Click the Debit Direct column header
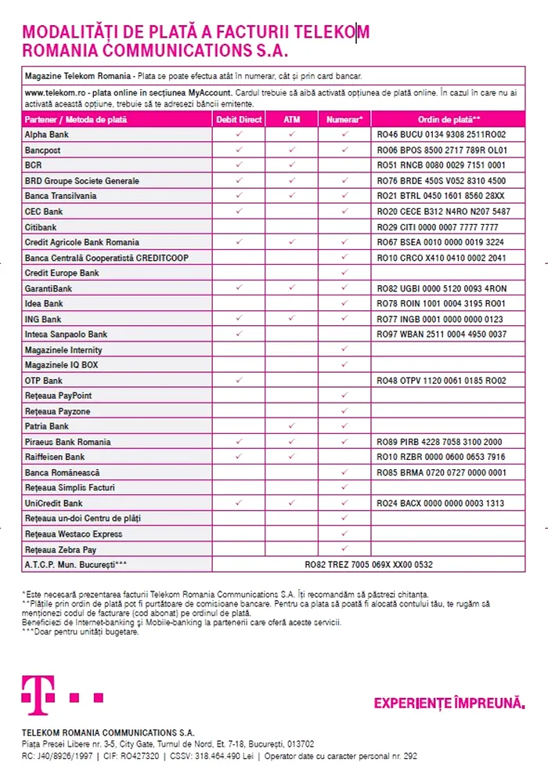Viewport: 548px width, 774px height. [239, 120]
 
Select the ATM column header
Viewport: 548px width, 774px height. [291, 120]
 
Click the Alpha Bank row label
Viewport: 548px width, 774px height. [47, 135]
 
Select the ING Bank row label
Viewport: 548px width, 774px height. [43, 320]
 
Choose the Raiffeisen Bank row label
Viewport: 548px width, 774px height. [55, 457]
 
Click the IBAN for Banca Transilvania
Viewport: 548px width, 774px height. [441, 196]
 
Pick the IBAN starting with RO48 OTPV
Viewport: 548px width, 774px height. [441, 381]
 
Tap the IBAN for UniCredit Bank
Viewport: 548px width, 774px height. [441, 503]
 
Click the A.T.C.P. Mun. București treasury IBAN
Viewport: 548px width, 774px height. [369, 564]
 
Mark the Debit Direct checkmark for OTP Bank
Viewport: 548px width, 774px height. [239, 381]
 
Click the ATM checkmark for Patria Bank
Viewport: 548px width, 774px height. [291, 426]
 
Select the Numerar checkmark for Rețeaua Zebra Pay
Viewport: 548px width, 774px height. [344, 548]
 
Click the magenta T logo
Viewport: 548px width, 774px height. [38, 693]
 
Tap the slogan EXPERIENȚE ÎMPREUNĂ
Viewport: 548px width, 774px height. [449, 703]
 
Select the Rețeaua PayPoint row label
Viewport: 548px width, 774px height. [58, 396]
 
